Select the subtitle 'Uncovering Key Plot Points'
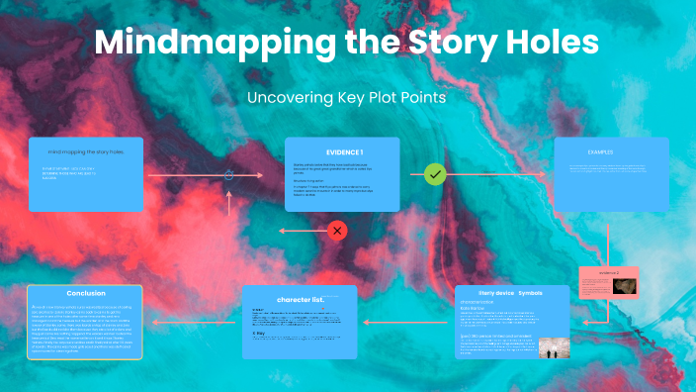pyautogui.click(x=347, y=98)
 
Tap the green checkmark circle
pyautogui.click(x=435, y=174)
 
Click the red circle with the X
pyautogui.click(x=338, y=231)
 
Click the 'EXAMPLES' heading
pyautogui.click(x=601, y=152)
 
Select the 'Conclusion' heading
pyautogui.click(x=86, y=294)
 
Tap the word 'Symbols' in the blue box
pyautogui.click(x=530, y=293)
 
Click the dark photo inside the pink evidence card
pyautogui.click(x=623, y=285)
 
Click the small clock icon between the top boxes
pyautogui.click(x=228, y=175)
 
